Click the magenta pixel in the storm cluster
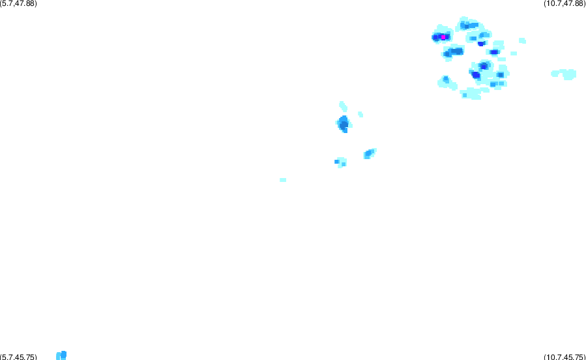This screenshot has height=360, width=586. tap(443, 37)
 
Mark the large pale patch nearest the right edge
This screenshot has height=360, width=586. tap(565, 74)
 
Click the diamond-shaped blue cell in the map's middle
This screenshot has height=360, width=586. tap(343, 124)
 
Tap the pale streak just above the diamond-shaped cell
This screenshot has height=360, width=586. tap(343, 106)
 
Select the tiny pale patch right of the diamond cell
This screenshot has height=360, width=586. tap(360, 114)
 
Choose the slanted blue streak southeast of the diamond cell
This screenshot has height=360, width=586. tap(370, 153)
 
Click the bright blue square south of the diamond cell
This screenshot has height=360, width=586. tap(336, 162)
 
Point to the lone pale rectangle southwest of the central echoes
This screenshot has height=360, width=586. tap(283, 180)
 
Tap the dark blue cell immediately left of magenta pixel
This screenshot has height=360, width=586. tap(436, 37)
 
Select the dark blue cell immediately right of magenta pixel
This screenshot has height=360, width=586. tap(447, 37)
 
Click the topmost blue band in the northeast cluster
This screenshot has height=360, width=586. tap(469, 25)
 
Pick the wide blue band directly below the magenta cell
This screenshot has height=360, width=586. tap(454, 52)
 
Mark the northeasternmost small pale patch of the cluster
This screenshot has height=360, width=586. tap(522, 40)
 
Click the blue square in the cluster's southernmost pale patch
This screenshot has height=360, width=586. tap(465, 95)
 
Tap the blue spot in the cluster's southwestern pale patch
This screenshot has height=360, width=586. tap(445, 80)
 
